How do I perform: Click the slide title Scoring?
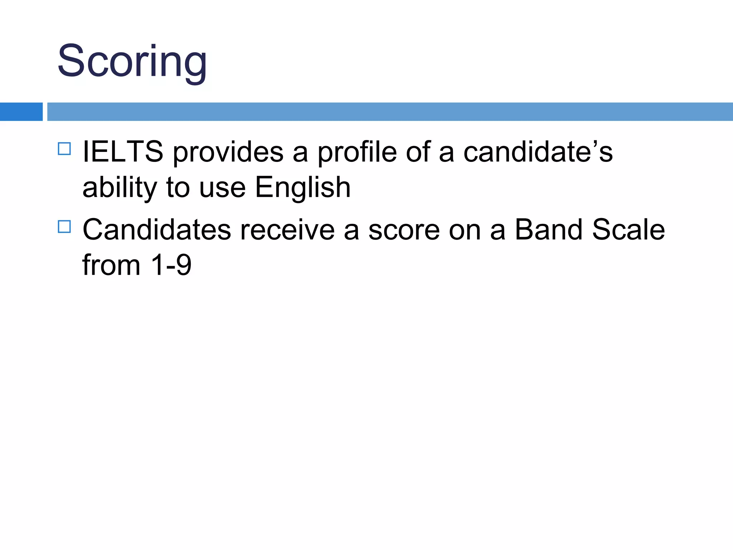132,62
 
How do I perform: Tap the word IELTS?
123,152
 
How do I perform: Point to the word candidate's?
538,152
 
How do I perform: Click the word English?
302,188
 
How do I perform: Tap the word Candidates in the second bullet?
157,230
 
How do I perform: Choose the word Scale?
628,230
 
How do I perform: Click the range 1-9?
171,265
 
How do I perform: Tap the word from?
111,265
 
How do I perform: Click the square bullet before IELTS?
64,149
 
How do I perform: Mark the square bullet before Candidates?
64,227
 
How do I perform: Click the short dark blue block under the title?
21,112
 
